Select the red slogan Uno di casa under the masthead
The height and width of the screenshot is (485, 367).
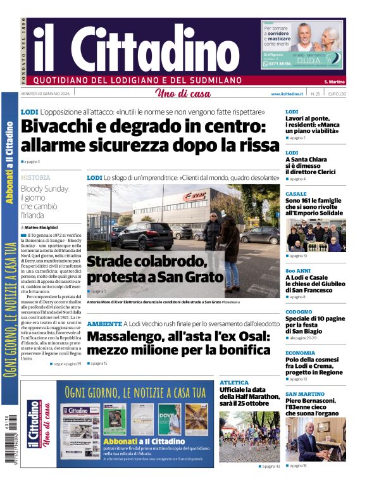point(183,94)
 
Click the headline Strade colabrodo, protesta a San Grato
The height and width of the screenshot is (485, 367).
point(155,268)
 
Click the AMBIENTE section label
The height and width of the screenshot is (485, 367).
point(104,324)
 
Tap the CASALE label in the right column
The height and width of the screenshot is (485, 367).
point(295,194)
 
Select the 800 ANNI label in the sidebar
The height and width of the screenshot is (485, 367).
point(297,270)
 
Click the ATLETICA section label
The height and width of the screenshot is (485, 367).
point(234,382)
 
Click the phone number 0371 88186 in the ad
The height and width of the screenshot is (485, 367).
point(278,64)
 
